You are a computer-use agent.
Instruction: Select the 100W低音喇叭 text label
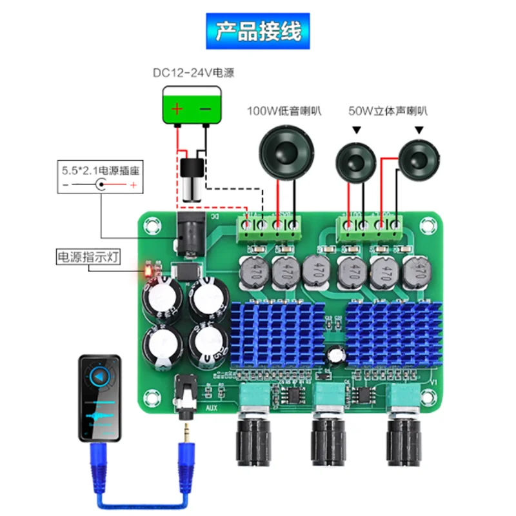click(284, 111)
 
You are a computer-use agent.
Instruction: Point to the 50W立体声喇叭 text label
click(388, 111)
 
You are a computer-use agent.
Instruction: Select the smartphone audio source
click(99, 397)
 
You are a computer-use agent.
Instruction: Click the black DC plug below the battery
click(190, 178)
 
